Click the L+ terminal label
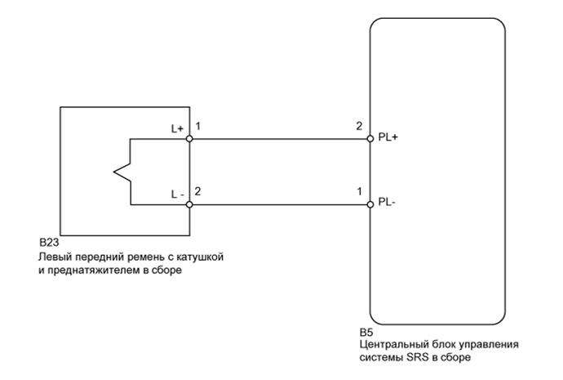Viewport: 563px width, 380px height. click(176, 129)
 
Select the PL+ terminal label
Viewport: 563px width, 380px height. click(388, 138)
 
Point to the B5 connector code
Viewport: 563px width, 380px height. click(366, 333)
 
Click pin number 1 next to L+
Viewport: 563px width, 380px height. click(199, 127)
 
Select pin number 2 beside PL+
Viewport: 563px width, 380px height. click(358, 127)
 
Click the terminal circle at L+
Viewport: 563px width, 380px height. click(189, 139)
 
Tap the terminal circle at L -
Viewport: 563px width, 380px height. click(189, 203)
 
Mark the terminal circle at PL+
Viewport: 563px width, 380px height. click(370, 139)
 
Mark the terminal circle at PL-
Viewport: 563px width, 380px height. click(370, 203)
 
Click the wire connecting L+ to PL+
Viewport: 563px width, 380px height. click(277, 139)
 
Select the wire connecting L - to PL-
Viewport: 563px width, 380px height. click(277, 203)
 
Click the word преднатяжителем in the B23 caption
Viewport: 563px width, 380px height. click(90, 270)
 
